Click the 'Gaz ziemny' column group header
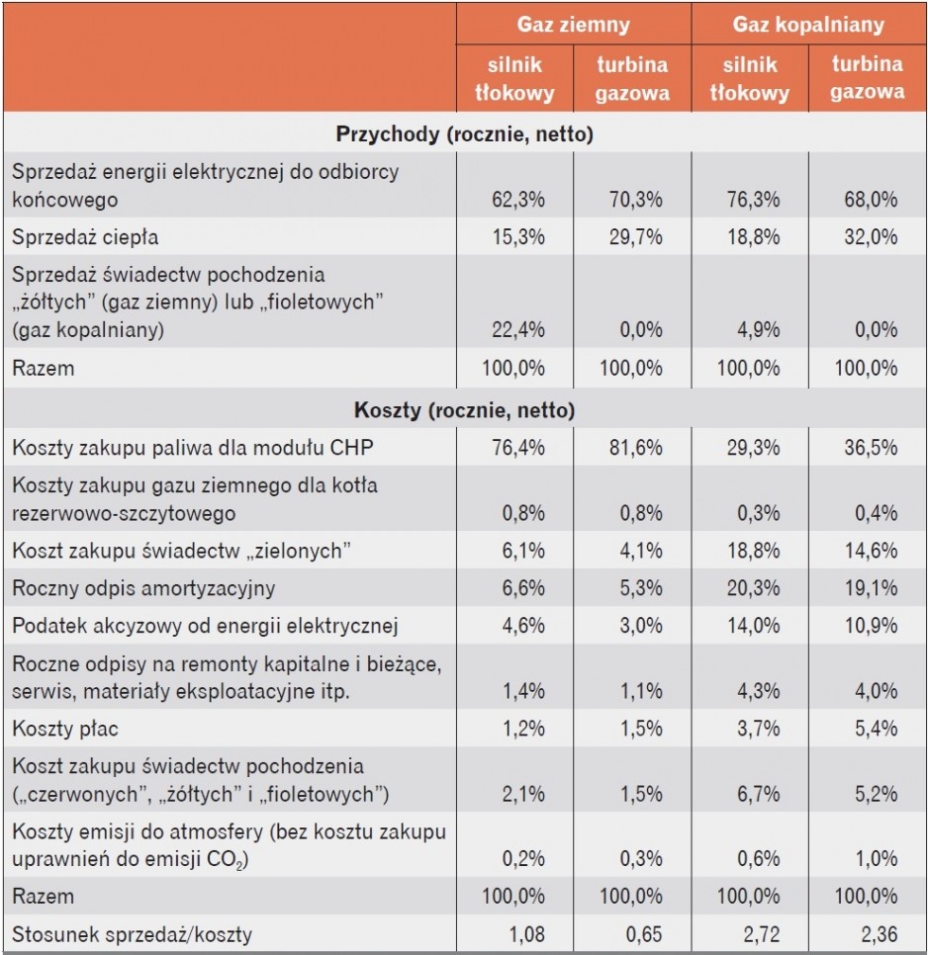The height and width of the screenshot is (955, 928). click(574, 25)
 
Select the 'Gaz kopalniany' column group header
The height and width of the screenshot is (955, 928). click(808, 25)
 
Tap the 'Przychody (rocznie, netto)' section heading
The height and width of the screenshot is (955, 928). click(464, 134)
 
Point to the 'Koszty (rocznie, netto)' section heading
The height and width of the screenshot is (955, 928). click(464, 410)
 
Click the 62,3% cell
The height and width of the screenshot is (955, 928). click(518, 199)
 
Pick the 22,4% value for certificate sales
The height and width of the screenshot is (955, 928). click(518, 329)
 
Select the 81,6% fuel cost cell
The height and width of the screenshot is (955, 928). click(635, 448)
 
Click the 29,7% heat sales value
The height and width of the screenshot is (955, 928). click(635, 237)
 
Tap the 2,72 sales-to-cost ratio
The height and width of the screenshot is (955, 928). click(761, 933)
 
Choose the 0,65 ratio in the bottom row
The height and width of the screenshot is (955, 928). click(643, 933)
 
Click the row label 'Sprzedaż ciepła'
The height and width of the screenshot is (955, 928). click(85, 237)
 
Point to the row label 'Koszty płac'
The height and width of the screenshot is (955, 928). click(65, 729)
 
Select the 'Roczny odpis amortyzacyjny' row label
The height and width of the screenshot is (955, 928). click(143, 588)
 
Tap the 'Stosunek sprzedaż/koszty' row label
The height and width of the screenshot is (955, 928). click(132, 933)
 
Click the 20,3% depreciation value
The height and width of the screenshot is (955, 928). click(753, 588)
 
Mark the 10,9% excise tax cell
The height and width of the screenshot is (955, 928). click(871, 626)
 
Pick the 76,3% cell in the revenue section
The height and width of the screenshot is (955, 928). click(753, 199)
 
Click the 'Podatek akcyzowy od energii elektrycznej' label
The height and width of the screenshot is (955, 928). click(205, 626)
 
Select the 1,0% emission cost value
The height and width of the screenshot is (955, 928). click(877, 859)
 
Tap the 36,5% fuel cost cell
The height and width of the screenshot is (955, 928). click(871, 448)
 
